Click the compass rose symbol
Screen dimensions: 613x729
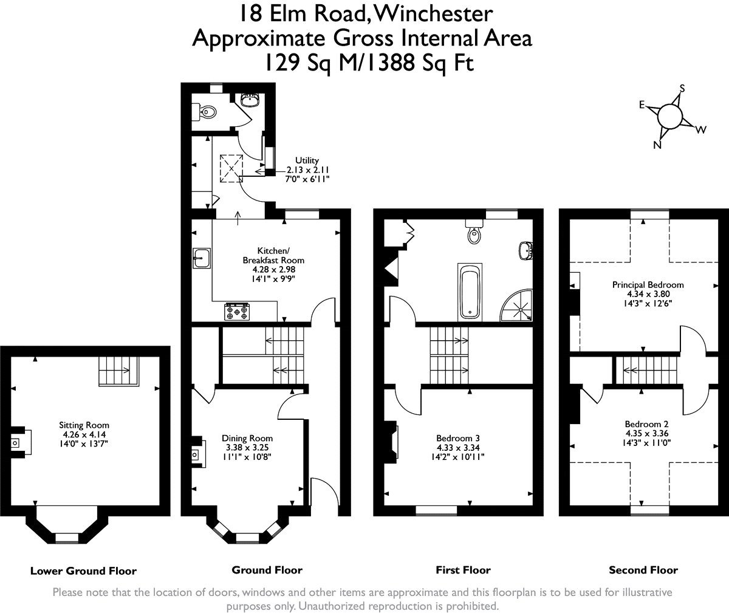tap(670, 115)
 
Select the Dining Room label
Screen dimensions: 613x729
tap(247, 448)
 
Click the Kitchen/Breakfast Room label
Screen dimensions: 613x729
tap(273, 265)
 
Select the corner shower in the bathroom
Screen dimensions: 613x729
tap(517, 304)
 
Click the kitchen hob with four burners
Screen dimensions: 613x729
tap(238, 312)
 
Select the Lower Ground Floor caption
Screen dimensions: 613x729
tap(83, 570)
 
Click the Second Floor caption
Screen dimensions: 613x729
tap(643, 570)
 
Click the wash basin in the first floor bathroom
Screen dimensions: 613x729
tap(527, 250)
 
